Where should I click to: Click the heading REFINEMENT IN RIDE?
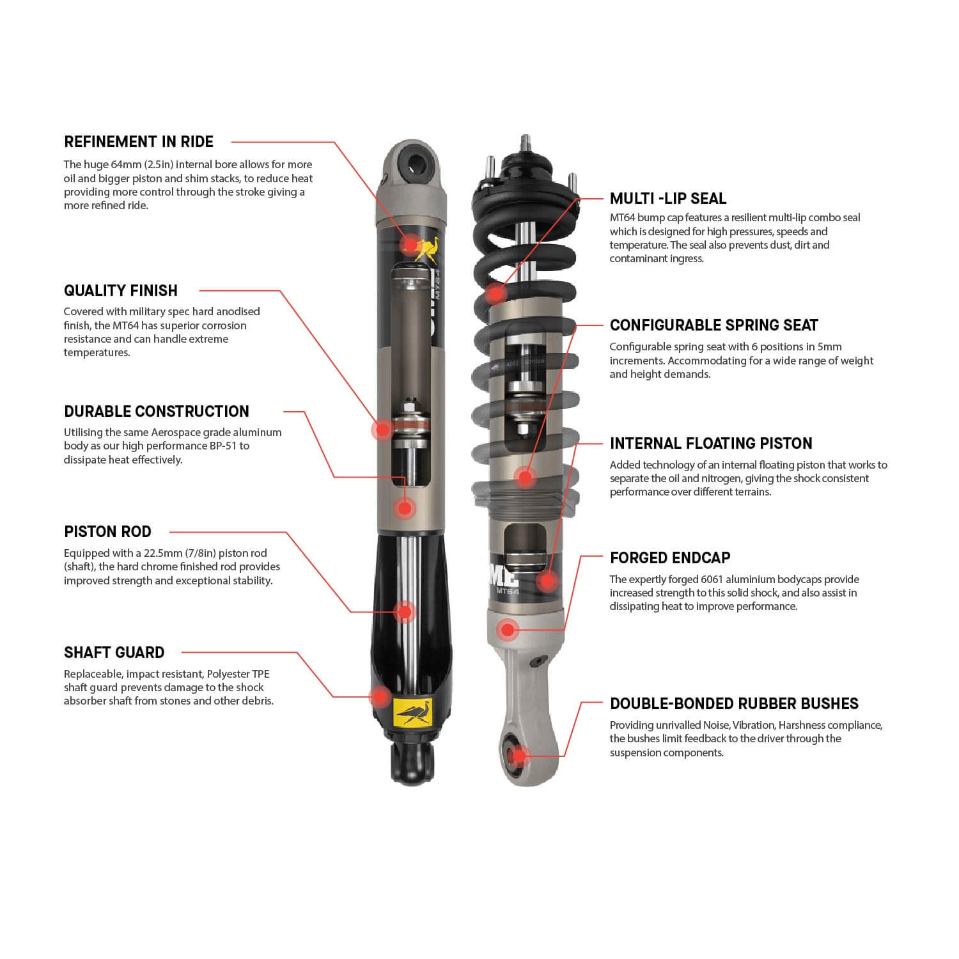tap(139, 142)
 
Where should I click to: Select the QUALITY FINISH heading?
tap(121, 291)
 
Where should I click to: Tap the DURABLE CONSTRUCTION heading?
tap(157, 412)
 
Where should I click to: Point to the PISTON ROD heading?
tap(107, 532)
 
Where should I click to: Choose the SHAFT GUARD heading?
tap(114, 653)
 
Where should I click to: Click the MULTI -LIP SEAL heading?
tap(668, 199)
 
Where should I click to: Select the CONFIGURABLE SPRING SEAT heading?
tap(713, 325)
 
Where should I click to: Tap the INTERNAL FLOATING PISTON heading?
tap(711, 444)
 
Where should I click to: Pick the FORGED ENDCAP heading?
tap(670, 558)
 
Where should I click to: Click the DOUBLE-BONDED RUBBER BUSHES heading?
tap(734, 704)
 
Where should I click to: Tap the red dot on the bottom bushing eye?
tap(520, 756)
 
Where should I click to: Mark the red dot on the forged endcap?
tap(508, 630)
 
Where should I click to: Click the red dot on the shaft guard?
tap(380, 696)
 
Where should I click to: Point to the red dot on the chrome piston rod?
tap(404, 612)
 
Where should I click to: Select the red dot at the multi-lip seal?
tap(494, 294)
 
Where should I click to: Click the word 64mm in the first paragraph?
tap(125, 165)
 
